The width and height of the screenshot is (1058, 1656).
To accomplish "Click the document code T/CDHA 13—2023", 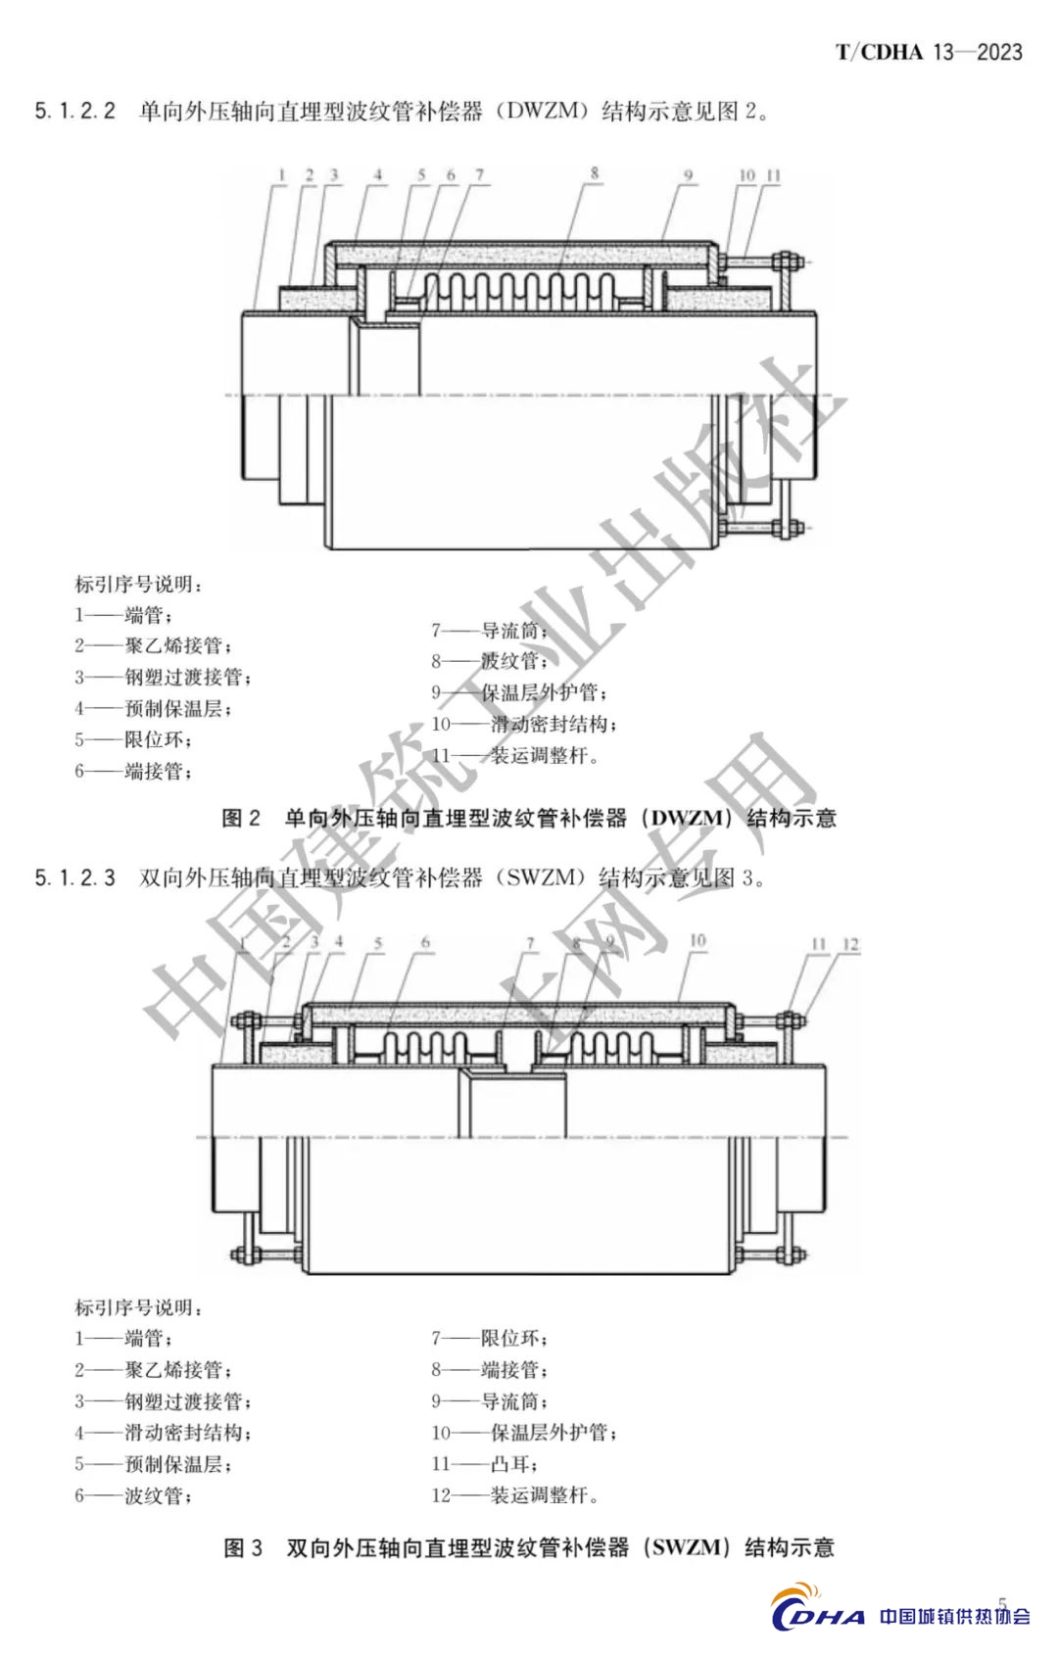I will pyautogui.click(x=928, y=52).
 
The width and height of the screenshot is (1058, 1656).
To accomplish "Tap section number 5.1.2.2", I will pyautogui.click(x=75, y=111).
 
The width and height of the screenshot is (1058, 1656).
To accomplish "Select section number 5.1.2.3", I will pyautogui.click(x=75, y=877).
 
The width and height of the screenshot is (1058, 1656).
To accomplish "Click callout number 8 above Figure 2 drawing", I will pyautogui.click(x=595, y=173).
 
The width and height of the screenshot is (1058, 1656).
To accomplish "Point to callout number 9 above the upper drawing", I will pyautogui.click(x=689, y=175).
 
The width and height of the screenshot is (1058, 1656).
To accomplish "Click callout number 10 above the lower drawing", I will pyautogui.click(x=697, y=941).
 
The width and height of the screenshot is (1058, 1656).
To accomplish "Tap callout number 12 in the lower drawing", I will pyautogui.click(x=850, y=944).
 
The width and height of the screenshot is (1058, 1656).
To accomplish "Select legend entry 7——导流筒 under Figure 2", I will pyautogui.click(x=489, y=631).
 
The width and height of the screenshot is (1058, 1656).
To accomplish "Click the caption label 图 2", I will pyautogui.click(x=241, y=818).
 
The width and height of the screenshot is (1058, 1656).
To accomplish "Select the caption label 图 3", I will pyautogui.click(x=243, y=1547).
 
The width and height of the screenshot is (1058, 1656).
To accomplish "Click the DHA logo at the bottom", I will pyautogui.click(x=818, y=1615).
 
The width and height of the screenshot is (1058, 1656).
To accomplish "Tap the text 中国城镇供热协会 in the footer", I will pyautogui.click(x=954, y=1617).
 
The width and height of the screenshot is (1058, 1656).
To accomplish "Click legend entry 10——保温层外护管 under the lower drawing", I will pyautogui.click(x=524, y=1433).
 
